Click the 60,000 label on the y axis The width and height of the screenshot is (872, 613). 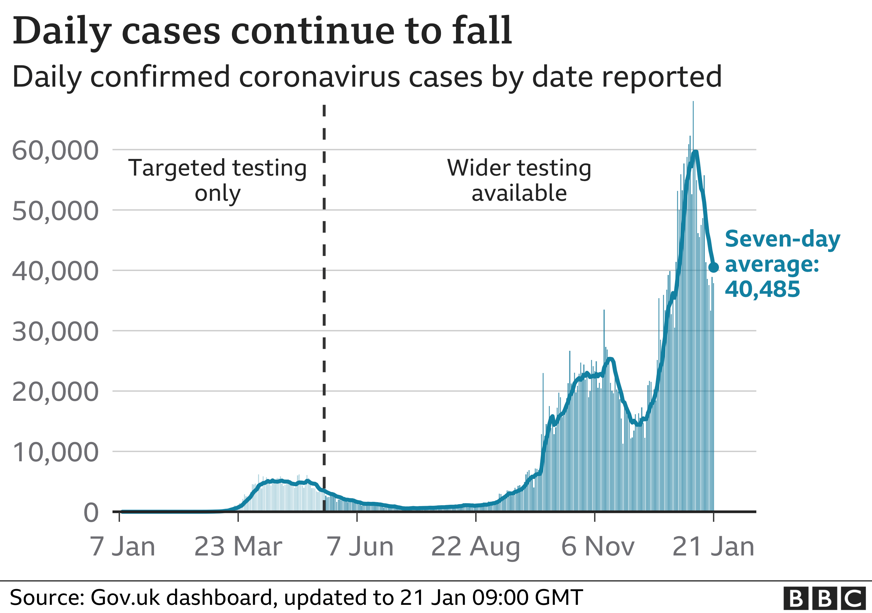pos(56,151)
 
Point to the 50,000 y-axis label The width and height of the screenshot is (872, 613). pos(56,211)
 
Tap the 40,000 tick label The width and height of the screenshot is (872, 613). pos(56,271)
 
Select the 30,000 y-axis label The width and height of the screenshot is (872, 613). pos(56,332)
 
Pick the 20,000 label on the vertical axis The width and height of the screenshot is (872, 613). pos(56,392)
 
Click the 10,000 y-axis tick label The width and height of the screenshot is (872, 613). pos(56,452)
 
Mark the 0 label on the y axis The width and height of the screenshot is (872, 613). pos(91,513)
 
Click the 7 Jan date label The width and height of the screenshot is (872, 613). pos(122,547)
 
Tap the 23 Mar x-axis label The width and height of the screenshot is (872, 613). pos(238,547)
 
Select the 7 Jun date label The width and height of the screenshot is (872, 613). pos(360,547)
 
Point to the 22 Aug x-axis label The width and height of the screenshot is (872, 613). pos(476,547)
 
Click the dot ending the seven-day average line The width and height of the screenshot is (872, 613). pos(714,267)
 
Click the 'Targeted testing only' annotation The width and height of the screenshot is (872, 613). pos(218,180)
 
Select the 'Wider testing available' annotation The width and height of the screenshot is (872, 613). pos(519,180)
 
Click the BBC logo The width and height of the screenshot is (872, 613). pos(824,599)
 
